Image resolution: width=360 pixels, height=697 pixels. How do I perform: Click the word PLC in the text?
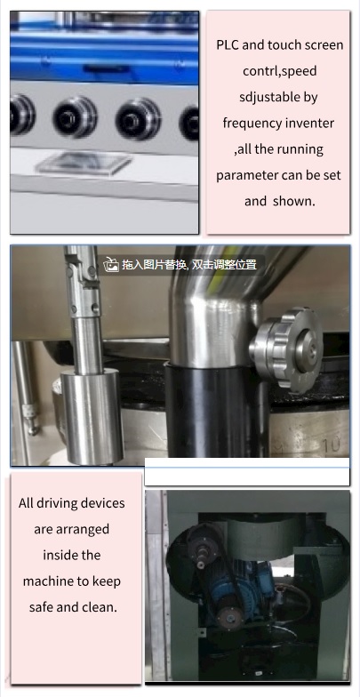click(228, 45)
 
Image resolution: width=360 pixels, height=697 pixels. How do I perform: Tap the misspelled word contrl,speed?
click(279, 71)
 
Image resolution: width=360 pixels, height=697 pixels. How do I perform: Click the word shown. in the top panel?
click(293, 201)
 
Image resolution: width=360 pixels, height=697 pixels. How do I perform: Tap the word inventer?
click(311, 123)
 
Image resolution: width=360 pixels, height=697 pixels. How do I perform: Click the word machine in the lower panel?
click(46, 581)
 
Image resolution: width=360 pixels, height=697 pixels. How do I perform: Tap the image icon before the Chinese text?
click(110, 265)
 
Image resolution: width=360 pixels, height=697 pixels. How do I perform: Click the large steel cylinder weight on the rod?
click(92, 416)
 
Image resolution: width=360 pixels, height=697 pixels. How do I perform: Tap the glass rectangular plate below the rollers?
click(84, 164)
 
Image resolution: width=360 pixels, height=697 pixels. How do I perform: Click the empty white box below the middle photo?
click(247, 472)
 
